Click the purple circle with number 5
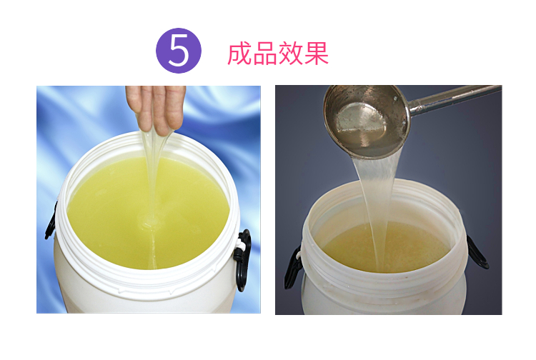point(179,51)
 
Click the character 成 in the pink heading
point(240,54)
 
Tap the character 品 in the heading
point(265,54)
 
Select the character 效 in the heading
point(291,54)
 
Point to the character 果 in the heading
point(316,54)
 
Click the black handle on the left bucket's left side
point(51,222)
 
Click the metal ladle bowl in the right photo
point(367,121)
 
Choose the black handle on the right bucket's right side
point(478,252)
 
